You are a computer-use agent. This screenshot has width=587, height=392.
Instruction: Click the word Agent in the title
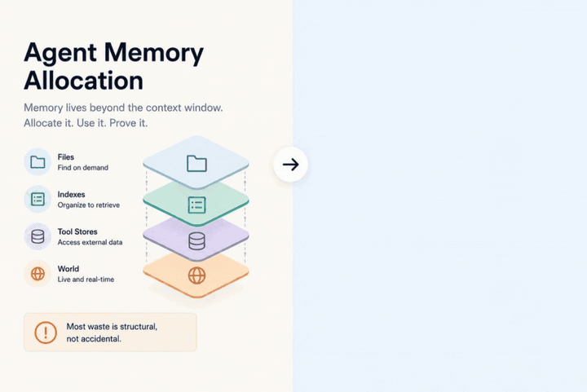point(60,53)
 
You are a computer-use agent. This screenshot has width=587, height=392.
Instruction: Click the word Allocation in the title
point(83,81)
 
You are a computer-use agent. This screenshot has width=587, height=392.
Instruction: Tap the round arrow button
point(290,164)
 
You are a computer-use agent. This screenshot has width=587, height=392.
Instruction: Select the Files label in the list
point(65,157)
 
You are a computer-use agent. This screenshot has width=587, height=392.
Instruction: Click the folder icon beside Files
point(38,162)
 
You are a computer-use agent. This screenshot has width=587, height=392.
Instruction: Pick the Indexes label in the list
point(71,195)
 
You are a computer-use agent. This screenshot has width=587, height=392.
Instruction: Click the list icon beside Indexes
point(38,199)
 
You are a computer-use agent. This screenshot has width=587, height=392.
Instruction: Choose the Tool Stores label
point(77,231)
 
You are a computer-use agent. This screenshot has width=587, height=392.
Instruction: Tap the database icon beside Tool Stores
point(38,236)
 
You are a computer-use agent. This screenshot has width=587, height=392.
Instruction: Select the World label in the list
point(68,269)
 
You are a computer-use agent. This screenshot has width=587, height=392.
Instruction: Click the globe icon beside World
point(38,274)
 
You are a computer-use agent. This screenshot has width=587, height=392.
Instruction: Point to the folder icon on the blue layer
point(196,164)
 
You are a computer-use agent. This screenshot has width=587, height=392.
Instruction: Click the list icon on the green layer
point(196,205)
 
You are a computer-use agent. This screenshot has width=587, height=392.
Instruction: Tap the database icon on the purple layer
point(196,241)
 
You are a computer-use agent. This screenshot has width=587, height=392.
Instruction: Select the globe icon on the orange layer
point(196,275)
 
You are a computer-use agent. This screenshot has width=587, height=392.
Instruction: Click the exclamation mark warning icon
point(46,333)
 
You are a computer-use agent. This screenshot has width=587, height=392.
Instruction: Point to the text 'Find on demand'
point(82,168)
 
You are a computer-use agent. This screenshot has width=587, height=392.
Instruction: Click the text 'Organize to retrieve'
point(89,205)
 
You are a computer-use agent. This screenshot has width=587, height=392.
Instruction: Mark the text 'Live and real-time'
point(86,280)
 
